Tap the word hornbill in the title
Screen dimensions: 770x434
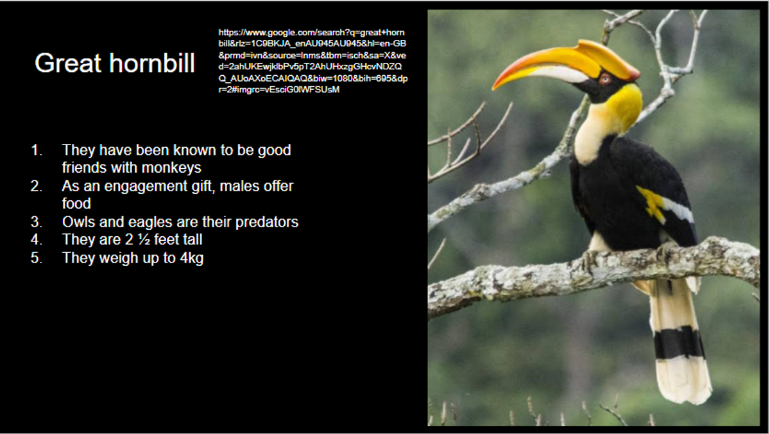pos(152,63)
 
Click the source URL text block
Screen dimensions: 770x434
pos(313,61)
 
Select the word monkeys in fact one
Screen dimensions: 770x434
pos(171,168)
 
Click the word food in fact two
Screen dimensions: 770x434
pos(76,204)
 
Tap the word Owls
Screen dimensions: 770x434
pos(78,221)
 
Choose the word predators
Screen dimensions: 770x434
pos(267,222)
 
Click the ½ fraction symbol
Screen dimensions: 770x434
pos(144,239)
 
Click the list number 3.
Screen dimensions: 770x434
pos(37,221)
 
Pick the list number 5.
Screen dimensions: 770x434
pos(37,258)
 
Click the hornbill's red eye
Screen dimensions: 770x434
pos(604,80)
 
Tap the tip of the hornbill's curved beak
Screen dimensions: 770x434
pos(493,89)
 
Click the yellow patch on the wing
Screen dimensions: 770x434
pos(651,204)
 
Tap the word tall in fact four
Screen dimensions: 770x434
pos(191,239)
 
